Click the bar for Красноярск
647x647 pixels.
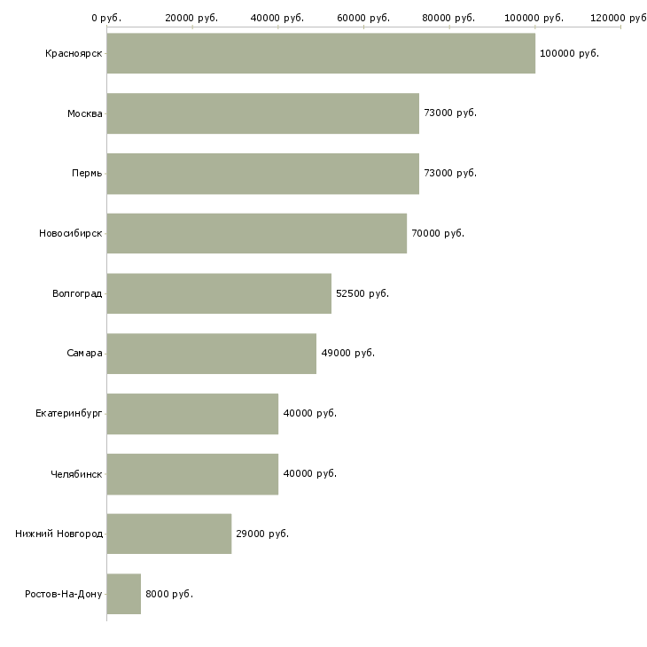tap(321, 53)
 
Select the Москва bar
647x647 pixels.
tap(263, 113)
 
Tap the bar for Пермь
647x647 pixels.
tap(263, 174)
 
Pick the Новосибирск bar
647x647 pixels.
tap(257, 233)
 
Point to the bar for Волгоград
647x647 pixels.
tap(219, 293)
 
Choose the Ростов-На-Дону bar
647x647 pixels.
tap(124, 594)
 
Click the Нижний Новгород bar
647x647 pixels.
tap(169, 534)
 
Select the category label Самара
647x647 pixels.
tap(84, 354)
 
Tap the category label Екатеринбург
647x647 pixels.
tap(68, 413)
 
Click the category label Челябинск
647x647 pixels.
tap(76, 473)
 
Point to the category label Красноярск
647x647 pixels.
tap(74, 54)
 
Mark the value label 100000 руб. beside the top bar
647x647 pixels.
tap(569, 53)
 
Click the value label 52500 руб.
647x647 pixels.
tap(362, 293)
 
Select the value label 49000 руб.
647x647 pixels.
tap(347, 354)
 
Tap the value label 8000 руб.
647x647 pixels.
tap(169, 594)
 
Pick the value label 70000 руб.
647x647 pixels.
tap(438, 233)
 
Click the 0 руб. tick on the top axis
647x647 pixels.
tap(106, 18)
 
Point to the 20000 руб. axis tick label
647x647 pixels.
tap(191, 18)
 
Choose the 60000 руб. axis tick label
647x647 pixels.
tap(363, 18)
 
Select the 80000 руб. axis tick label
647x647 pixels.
tap(448, 18)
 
